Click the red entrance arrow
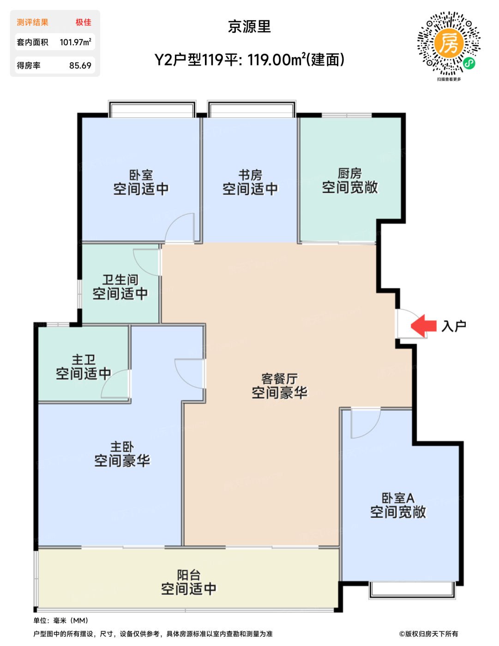coord(423,326)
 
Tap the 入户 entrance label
coord(454,326)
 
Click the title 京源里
coord(249,26)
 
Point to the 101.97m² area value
coord(76,42)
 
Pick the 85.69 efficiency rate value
coord(80,66)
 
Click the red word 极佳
coord(83,22)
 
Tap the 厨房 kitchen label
coord(350,173)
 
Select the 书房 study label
coord(250,175)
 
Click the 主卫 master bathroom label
coord(84,360)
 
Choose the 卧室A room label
coord(398,498)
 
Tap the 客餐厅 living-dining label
coord(280,379)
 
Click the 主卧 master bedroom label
coord(122,447)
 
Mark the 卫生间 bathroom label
coord(120,280)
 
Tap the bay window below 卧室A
coord(412,590)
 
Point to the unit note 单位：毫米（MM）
coord(61,621)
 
